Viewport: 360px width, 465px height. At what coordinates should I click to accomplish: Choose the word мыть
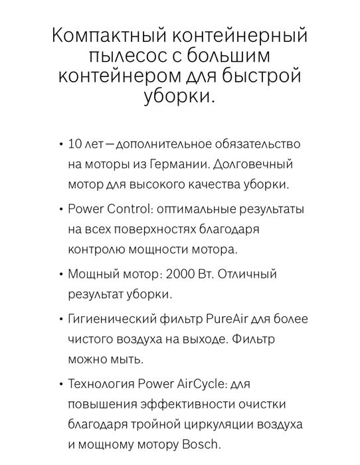tap(127, 359)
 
